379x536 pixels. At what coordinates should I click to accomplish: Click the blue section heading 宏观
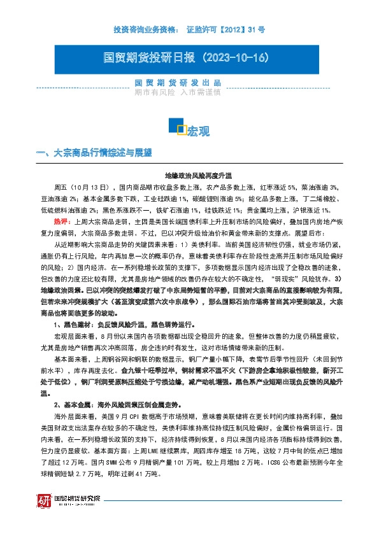click(x=198, y=132)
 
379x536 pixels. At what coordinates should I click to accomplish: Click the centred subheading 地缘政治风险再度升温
click(x=199, y=174)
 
